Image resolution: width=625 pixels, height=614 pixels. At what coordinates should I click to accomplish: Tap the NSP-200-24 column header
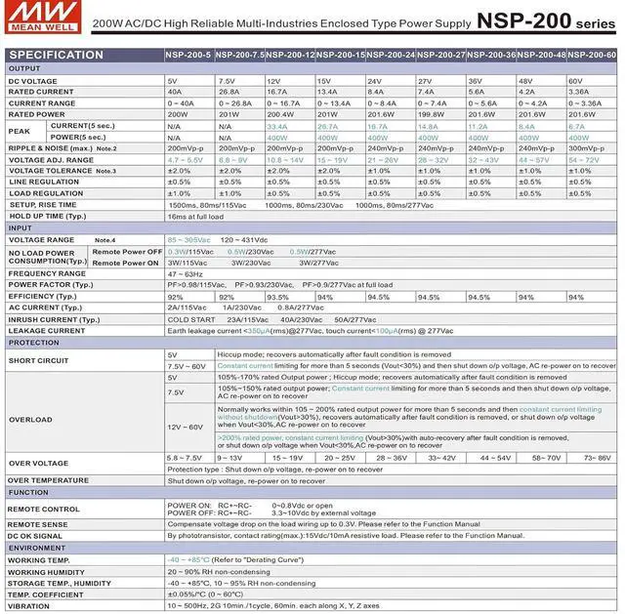pos(391,56)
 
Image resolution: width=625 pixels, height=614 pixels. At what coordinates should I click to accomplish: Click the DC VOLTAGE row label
pos(33,81)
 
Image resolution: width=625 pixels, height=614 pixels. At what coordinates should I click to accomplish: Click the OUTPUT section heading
pos(25,69)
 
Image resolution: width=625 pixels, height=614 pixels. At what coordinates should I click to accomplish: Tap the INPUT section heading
pos(21,227)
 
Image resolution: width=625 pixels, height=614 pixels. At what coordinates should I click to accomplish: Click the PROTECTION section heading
pos(35,343)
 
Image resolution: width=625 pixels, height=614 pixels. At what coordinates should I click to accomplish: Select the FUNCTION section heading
pos(29,492)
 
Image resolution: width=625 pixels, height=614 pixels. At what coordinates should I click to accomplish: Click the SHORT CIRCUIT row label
pos(38,360)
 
